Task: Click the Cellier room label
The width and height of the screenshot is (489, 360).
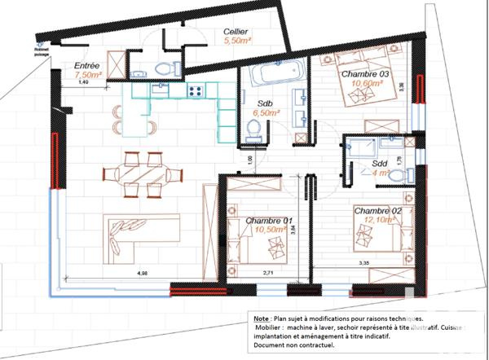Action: [x=236, y=31]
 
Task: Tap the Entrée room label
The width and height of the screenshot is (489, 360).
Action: [x=87, y=64]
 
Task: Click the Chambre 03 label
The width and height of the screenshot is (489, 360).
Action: [x=367, y=73]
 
